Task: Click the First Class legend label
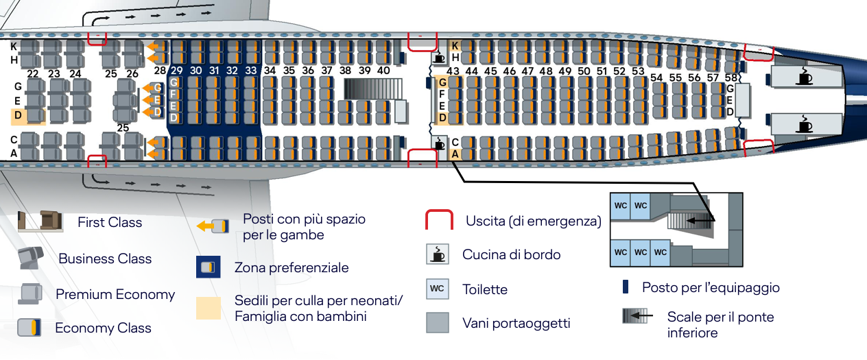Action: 110,222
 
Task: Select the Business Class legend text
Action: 105,259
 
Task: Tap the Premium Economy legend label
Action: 115,294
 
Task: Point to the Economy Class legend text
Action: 103,328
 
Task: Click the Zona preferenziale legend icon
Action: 209,267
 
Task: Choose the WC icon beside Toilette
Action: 437,289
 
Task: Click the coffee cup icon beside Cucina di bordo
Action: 437,254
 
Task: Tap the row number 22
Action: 33,73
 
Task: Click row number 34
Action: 270,70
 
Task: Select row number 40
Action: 383,70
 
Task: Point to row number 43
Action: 453,71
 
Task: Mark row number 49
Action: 565,71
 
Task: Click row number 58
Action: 731,77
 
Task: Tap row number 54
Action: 657,77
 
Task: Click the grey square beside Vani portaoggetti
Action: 437,322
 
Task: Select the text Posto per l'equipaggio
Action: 711,287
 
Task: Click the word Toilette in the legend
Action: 485,289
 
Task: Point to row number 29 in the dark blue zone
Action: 177,70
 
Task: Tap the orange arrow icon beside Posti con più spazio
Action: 209,226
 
